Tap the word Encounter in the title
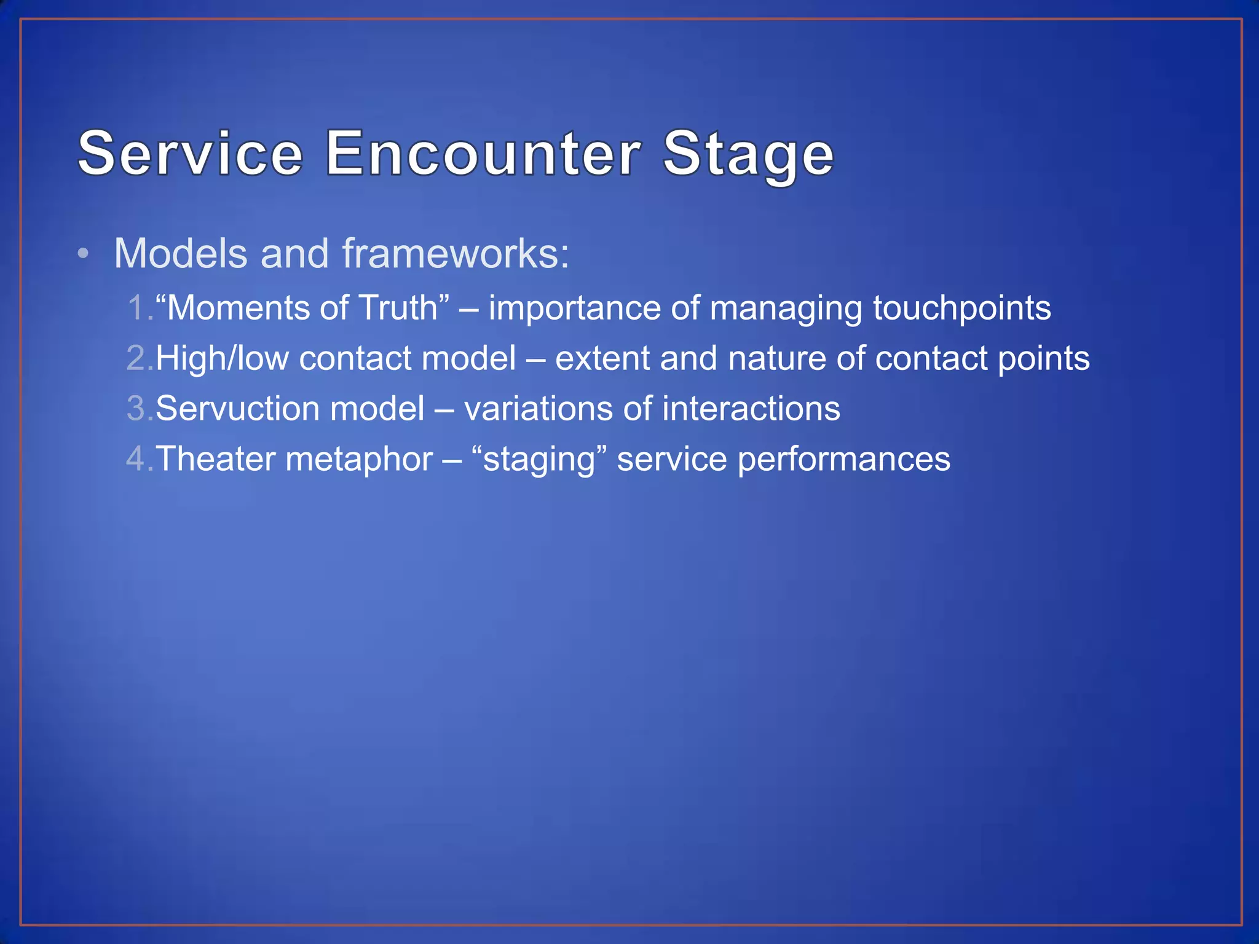[x=483, y=154]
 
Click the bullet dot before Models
[x=84, y=254]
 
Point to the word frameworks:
[x=456, y=254]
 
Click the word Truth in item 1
[x=397, y=308]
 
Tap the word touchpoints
[x=962, y=308]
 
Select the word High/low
[x=222, y=358]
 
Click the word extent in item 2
[x=602, y=358]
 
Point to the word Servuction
[x=237, y=409]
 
